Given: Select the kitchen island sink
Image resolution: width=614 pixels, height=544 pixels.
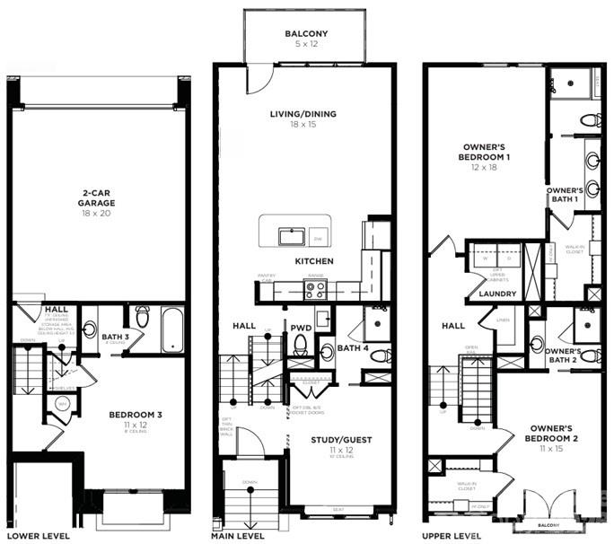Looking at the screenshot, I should [x=291, y=237].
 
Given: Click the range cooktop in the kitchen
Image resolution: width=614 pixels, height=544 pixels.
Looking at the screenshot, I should [x=314, y=289].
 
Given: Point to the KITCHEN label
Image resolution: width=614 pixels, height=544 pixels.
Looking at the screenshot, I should [x=314, y=261].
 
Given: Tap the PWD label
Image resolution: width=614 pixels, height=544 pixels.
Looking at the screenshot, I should [x=301, y=328].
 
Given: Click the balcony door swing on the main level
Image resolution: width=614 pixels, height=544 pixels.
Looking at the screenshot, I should [x=258, y=79].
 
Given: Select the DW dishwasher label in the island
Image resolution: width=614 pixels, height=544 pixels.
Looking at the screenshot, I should [x=317, y=239].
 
